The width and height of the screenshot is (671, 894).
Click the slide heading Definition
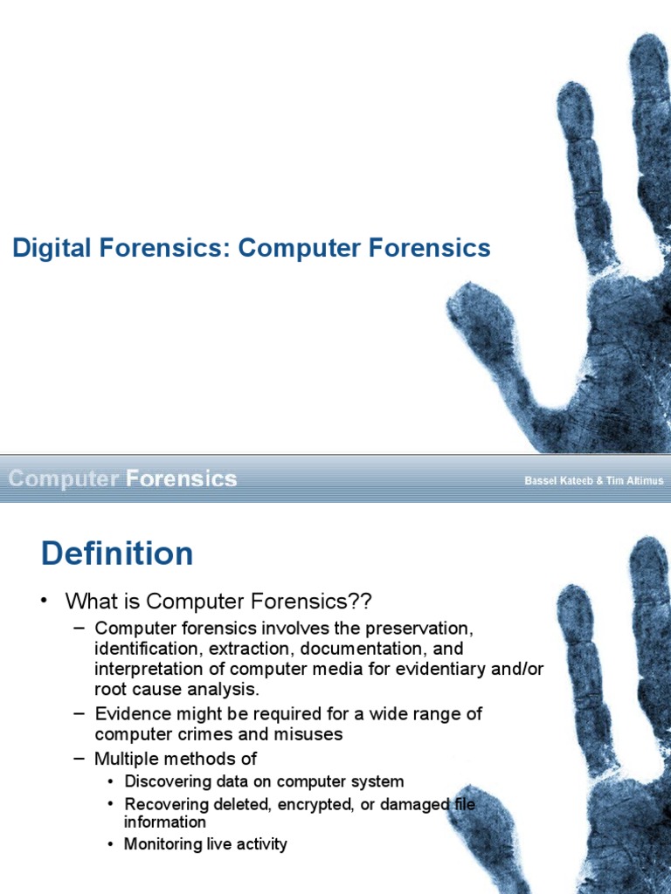117,554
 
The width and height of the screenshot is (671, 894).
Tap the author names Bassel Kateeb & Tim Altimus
593,480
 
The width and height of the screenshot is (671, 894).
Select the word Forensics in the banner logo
182,478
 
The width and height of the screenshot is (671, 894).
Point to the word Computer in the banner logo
64,478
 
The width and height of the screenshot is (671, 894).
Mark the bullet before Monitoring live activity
111,844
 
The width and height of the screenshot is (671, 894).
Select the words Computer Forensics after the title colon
364,249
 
